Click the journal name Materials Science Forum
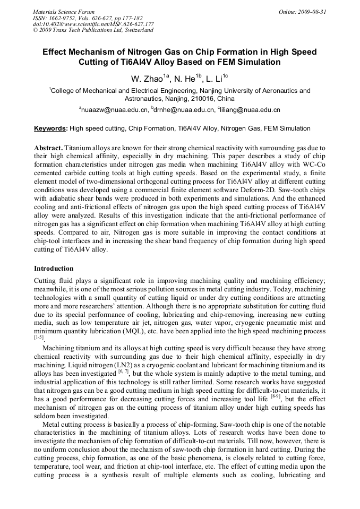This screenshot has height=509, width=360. (64, 11)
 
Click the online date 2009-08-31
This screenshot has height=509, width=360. (313, 11)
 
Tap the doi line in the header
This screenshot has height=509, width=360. (93, 24)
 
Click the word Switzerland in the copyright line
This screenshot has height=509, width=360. (137, 30)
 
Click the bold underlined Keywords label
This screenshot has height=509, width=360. (50, 128)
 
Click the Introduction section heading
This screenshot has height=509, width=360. (54, 268)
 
